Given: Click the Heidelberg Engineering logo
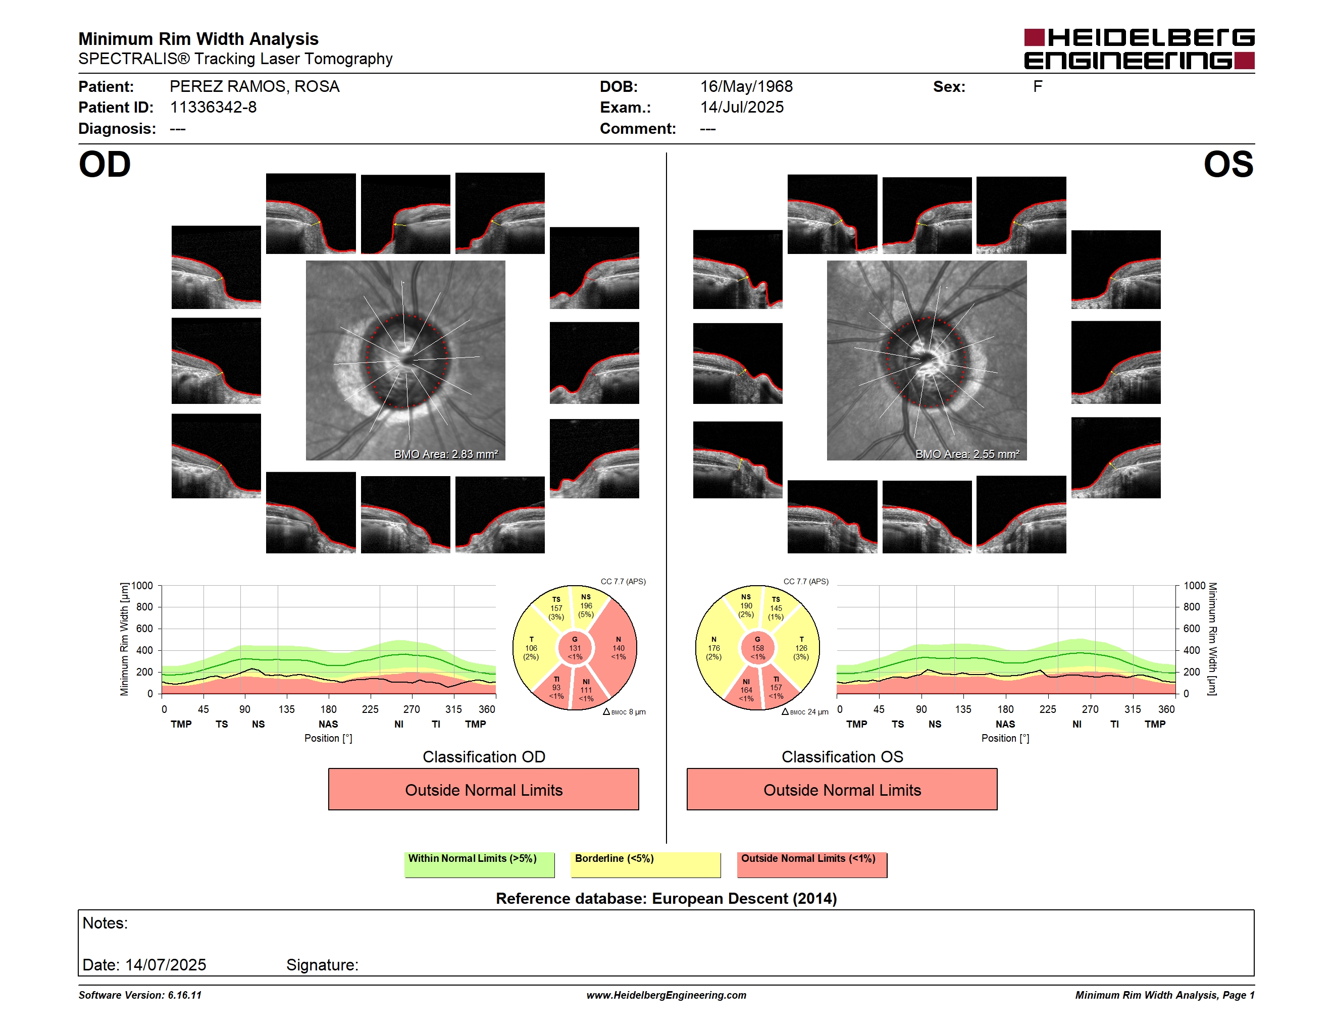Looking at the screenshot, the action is pyautogui.click(x=1139, y=49).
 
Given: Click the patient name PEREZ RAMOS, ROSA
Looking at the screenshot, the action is pyautogui.click(x=254, y=87).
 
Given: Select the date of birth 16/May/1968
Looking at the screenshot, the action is pyautogui.click(x=746, y=87).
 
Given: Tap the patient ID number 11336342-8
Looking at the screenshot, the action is pyautogui.click(x=213, y=108).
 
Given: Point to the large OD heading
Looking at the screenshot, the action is pyautogui.click(x=105, y=165).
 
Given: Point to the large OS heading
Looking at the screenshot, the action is pyautogui.click(x=1228, y=165).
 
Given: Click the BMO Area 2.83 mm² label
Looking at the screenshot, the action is pyautogui.click(x=445, y=454).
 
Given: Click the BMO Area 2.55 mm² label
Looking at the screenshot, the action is pyautogui.click(x=967, y=454).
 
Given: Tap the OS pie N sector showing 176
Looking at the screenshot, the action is pyautogui.click(x=714, y=648).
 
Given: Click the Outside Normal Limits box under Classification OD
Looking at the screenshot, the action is pyautogui.click(x=483, y=789).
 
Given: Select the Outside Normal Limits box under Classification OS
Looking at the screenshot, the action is pyautogui.click(x=842, y=789).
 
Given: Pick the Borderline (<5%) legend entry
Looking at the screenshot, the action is pyautogui.click(x=646, y=864).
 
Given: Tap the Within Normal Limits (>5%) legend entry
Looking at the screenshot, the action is pyautogui.click(x=479, y=864).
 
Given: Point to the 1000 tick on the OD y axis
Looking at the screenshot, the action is pyautogui.click(x=142, y=586).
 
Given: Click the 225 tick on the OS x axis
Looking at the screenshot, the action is pyautogui.click(x=1047, y=709).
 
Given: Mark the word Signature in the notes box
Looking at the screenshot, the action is pyautogui.click(x=322, y=965).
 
